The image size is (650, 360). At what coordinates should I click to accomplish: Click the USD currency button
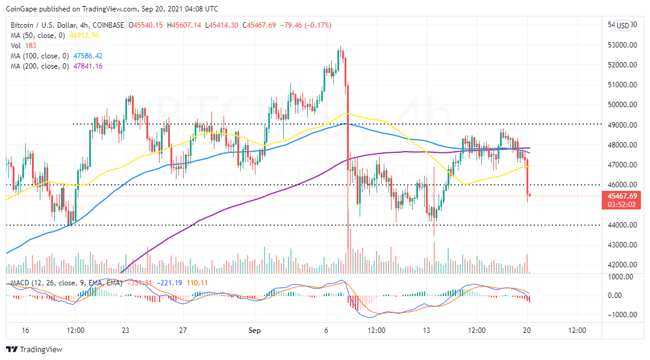coord(622,25)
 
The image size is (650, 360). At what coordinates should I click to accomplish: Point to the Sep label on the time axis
coord(255,330)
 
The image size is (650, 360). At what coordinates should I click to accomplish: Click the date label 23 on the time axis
coord(126,330)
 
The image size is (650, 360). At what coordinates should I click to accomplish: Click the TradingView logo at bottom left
coord(34,349)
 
